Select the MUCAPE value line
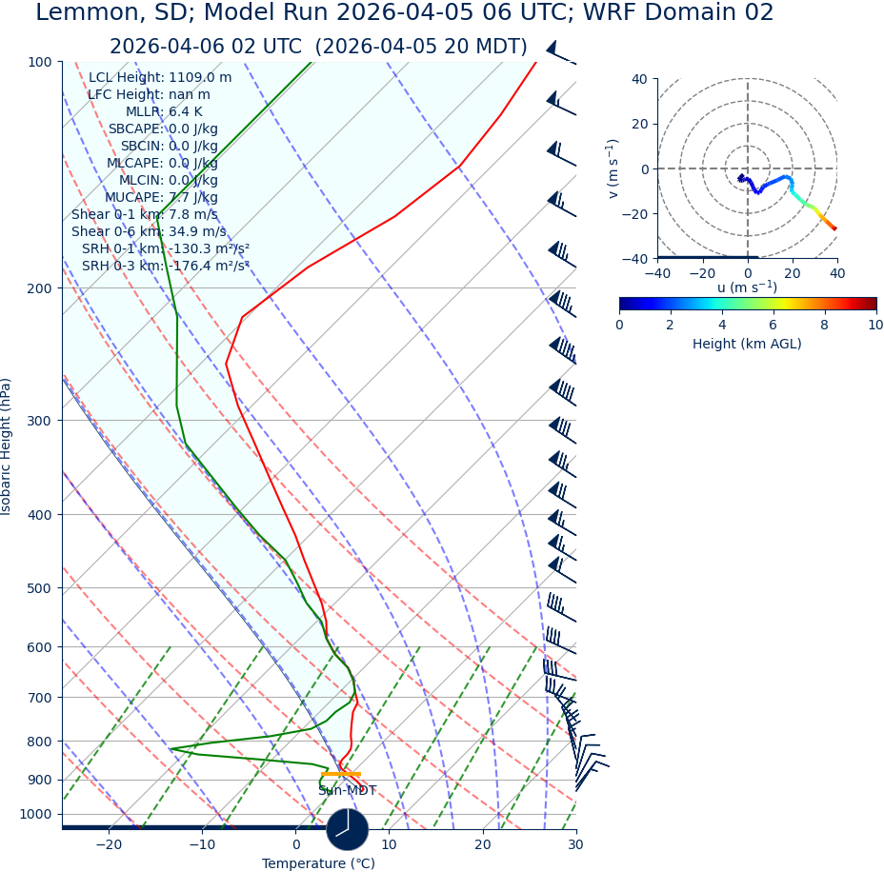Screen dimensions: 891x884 coord(160,198)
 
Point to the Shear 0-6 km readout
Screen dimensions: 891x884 coord(149,232)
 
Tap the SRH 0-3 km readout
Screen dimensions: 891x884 coord(166,267)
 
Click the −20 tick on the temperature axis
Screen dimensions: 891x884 coord(109,845)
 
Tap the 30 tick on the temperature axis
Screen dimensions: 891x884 coord(575,845)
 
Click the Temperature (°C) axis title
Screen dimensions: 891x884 coord(318,864)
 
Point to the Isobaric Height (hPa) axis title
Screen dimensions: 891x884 coord(7,446)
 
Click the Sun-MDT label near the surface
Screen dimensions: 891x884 coord(347,791)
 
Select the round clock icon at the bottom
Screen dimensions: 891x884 coord(347,829)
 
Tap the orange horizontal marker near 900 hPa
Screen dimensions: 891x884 coord(340,774)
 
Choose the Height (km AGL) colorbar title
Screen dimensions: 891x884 coord(747,344)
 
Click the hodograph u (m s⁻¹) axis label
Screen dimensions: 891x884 coord(747,287)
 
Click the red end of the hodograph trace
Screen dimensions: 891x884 coord(835,229)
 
